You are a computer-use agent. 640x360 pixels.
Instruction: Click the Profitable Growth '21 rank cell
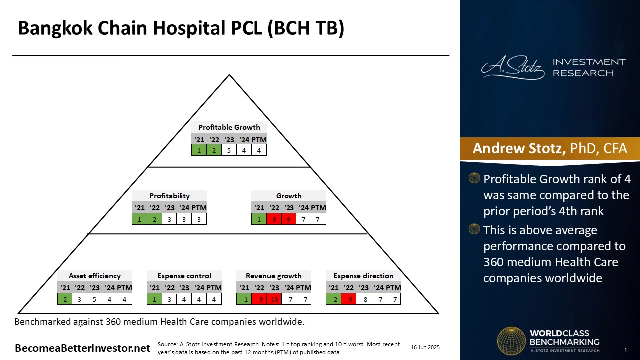click(199, 150)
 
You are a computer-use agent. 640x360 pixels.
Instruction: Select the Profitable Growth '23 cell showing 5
click(229, 150)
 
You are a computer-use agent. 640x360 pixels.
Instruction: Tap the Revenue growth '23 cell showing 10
click(274, 299)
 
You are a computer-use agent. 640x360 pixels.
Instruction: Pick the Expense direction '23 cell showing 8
click(365, 299)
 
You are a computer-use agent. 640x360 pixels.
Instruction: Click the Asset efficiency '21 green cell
click(65, 299)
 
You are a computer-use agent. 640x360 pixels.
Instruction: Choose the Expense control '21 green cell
click(154, 299)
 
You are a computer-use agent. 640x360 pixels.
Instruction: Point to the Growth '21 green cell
click(259, 219)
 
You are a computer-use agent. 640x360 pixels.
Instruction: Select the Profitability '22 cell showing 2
click(154, 219)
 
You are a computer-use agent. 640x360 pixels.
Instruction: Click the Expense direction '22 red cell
click(349, 299)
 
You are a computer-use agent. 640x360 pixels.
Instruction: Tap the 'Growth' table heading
click(289, 196)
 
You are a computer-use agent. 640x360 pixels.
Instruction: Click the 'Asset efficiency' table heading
click(95, 276)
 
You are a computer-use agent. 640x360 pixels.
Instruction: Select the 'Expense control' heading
click(184, 276)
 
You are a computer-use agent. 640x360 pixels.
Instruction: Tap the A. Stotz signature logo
click(513, 67)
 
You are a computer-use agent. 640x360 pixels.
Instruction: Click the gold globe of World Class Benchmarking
click(511, 341)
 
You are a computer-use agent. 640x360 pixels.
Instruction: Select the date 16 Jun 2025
click(425, 347)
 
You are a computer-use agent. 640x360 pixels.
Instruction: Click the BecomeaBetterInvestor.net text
click(82, 348)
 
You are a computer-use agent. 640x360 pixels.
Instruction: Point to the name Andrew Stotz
click(519, 148)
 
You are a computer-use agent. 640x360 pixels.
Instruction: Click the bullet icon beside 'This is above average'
click(474, 229)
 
